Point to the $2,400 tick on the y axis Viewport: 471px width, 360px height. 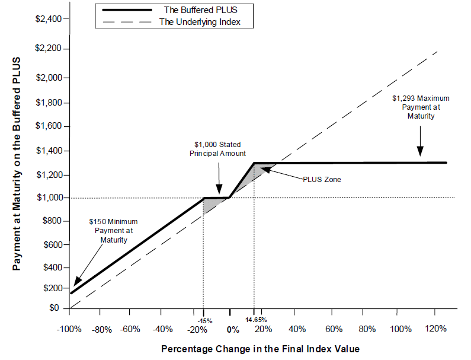tap(49, 19)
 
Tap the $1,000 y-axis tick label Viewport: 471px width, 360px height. tap(49, 197)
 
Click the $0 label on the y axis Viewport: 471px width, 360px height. tap(55, 308)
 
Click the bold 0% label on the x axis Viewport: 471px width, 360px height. tap(233, 330)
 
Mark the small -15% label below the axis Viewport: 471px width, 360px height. tap(203, 321)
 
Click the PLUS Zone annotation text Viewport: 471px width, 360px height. tap(322, 178)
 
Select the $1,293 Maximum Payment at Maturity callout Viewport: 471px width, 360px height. tap(421, 107)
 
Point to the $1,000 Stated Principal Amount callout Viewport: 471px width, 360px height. tap(218, 149)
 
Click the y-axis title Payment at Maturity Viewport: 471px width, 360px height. tap(18, 164)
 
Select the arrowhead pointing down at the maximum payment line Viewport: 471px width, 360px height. tap(421, 154)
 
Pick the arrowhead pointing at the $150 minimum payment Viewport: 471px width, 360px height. tap(76, 285)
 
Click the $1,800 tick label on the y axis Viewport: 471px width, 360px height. tap(49, 103)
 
